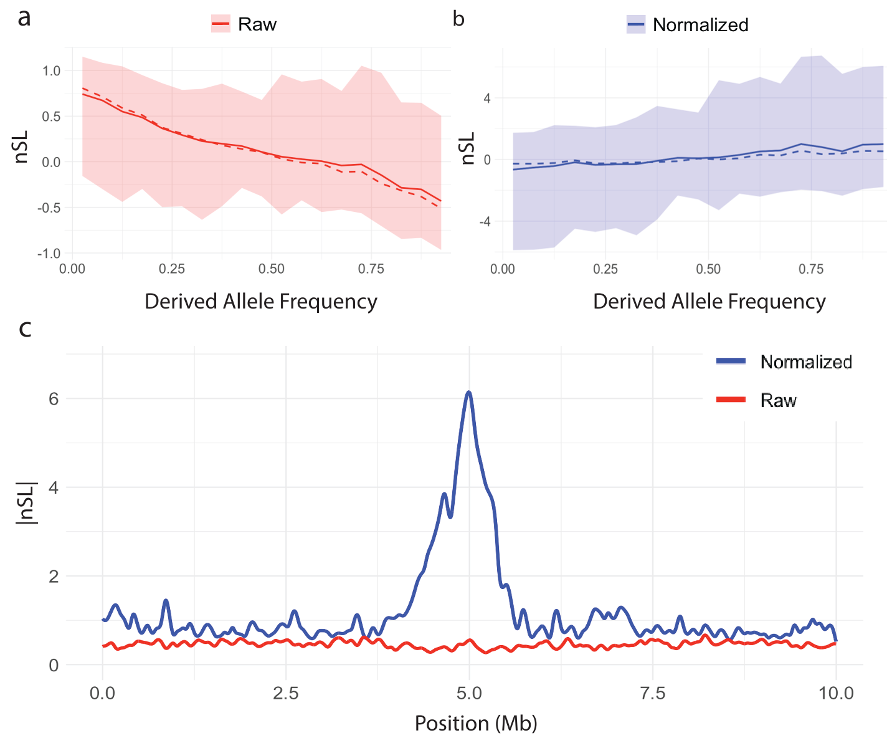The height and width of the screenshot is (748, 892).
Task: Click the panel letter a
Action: tap(24, 18)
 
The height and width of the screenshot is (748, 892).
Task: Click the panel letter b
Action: tap(458, 19)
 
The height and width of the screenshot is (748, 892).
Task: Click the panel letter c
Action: tap(25, 328)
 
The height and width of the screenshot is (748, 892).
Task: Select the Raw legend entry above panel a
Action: tap(244, 24)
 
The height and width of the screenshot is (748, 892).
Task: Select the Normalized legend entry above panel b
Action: tap(688, 25)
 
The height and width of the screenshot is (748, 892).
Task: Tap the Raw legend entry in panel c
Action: tap(778, 400)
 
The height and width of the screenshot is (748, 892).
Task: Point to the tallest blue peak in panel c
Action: tap(469, 393)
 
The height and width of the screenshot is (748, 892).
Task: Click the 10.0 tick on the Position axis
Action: tap(836, 693)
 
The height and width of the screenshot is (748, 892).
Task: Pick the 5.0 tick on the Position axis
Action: tap(469, 693)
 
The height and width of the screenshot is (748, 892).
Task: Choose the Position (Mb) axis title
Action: tap(476, 723)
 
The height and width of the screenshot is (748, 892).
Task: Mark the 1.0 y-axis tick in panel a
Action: tap(51, 70)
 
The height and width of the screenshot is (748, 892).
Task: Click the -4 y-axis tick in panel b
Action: tap(486, 222)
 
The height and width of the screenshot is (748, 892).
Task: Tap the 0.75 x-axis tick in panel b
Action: tap(810, 269)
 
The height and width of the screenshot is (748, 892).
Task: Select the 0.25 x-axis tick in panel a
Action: tap(172, 269)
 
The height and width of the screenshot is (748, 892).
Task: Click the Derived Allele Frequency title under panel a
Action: tap(260, 302)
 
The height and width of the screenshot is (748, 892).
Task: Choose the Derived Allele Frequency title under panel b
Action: tap(709, 302)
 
